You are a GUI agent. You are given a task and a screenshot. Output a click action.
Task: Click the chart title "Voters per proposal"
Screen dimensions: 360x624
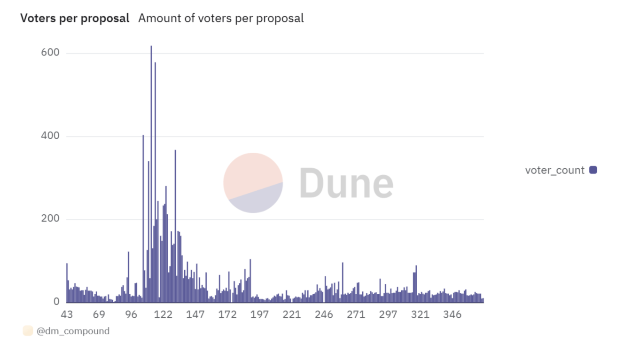coord(75,18)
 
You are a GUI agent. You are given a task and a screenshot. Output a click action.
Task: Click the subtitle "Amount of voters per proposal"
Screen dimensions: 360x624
coord(221,18)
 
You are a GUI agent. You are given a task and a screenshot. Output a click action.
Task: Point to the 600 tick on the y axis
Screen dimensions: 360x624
coord(50,53)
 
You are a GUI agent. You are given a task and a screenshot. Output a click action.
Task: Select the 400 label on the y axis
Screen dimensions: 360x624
coord(50,136)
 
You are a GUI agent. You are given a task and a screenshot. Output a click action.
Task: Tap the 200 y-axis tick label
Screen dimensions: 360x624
coord(50,219)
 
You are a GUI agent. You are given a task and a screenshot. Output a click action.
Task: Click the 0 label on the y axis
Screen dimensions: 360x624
coord(56,302)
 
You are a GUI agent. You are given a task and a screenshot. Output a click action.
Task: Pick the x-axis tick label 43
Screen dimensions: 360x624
coord(67,314)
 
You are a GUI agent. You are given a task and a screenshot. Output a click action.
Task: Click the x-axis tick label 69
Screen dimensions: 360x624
coord(99,314)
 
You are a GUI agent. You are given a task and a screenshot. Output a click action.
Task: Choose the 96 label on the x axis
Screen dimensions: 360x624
coord(131,314)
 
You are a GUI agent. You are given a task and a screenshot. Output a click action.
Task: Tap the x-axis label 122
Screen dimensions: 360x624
coord(163,314)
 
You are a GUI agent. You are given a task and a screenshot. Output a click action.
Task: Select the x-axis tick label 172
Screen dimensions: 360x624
coord(227,314)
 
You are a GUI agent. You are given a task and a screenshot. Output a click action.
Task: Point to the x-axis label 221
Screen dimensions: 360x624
coord(291,314)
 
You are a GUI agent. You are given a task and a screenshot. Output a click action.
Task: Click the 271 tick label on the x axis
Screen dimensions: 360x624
coord(356,314)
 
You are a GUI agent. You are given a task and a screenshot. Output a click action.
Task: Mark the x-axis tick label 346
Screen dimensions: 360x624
coord(452,314)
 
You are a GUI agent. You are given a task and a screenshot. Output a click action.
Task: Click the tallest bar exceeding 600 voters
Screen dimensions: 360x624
coord(151,174)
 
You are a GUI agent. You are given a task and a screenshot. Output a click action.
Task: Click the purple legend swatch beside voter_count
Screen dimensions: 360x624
coord(593,170)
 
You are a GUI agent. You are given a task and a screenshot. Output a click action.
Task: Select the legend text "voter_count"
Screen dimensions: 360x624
coord(554,170)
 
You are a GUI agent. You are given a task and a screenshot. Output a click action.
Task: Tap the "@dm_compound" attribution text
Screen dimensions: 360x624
coord(73,331)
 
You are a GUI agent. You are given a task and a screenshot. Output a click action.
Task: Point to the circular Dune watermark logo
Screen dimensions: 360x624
coord(253,183)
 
